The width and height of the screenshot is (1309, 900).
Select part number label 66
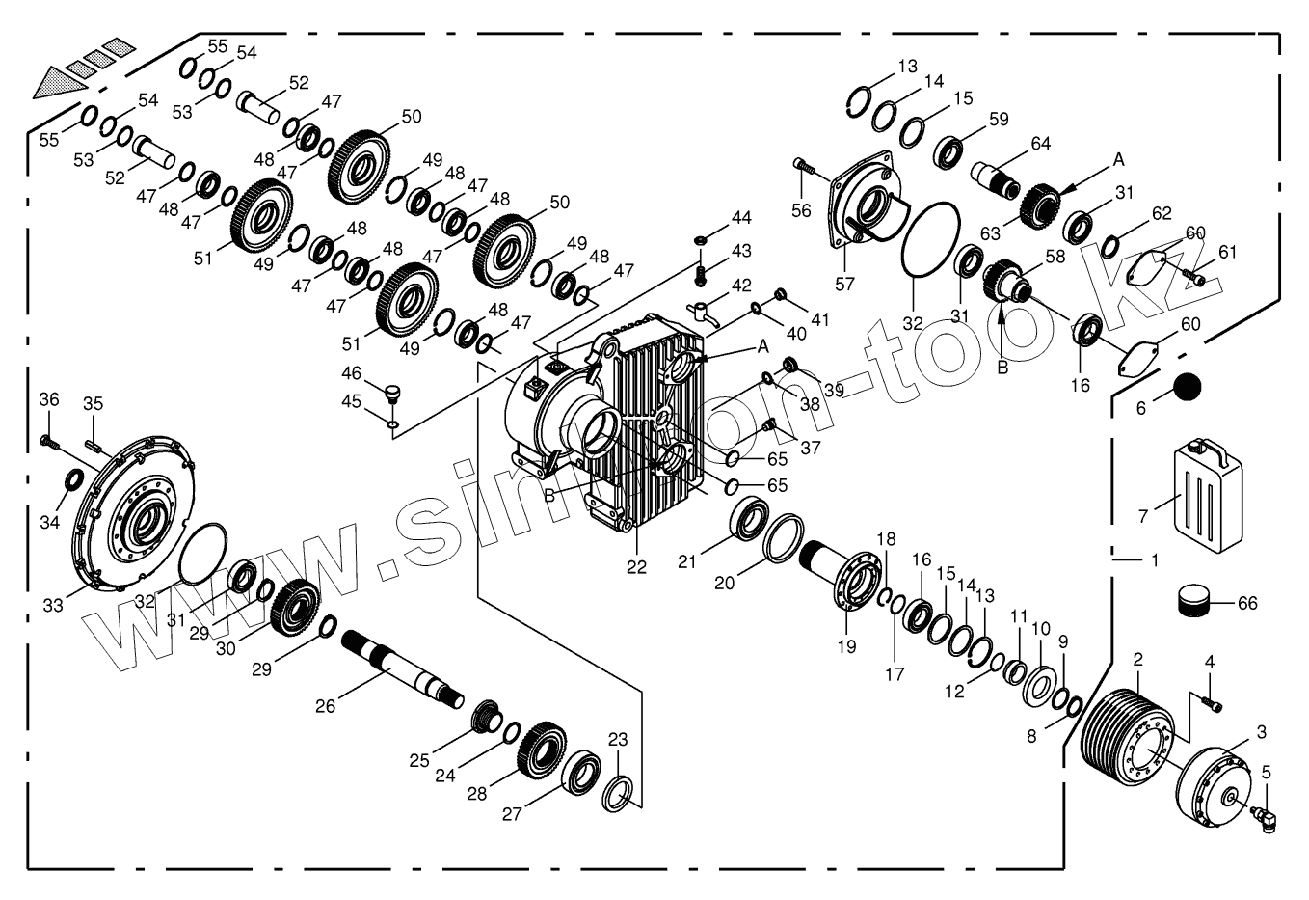point(1247,604)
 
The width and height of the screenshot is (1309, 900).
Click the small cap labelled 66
point(1194,603)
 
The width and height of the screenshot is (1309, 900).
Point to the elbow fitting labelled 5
point(1260,813)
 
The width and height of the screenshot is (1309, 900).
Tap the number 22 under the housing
point(636,566)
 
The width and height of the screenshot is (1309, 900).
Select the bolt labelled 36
point(49,442)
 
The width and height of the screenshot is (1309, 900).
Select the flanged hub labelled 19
point(854,581)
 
